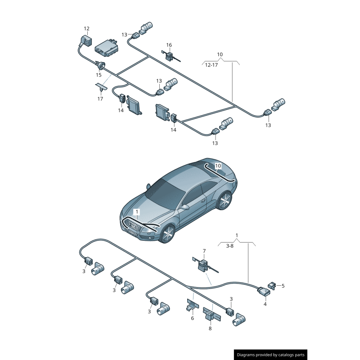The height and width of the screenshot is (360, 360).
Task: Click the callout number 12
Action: [87, 29]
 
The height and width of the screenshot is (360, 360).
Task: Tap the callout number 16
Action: [169, 45]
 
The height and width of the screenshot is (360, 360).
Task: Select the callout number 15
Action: [99, 75]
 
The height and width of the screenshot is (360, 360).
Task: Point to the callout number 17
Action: [100, 99]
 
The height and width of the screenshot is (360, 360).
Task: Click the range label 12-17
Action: [211, 65]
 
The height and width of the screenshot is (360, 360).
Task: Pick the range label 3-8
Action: [229, 246]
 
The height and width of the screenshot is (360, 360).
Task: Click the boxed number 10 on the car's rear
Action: [218, 166]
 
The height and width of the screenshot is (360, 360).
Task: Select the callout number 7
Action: [204, 251]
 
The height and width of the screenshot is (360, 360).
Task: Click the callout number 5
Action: [283, 285]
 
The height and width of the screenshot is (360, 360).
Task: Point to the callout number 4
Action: [265, 304]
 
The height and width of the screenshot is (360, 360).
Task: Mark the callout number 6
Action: [192, 318]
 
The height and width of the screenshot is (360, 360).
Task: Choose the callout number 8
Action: [210, 328]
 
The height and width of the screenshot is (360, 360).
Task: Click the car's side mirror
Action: [184, 207]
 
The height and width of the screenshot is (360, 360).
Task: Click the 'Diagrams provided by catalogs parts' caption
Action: [271, 355]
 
